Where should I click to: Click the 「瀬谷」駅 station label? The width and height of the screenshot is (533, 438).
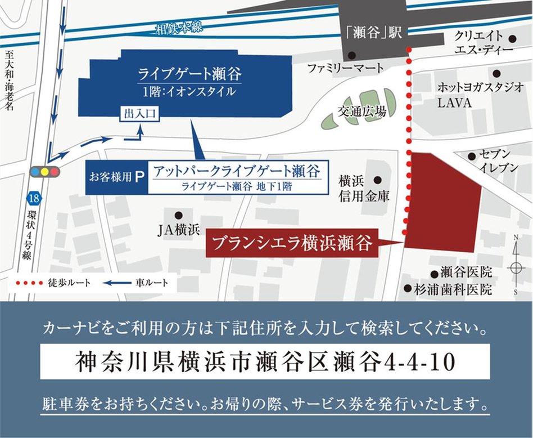point(374,33)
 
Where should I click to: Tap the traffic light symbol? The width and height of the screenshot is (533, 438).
point(44,171)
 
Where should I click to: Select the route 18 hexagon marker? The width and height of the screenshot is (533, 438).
point(34,198)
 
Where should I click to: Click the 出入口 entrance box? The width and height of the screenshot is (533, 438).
point(138,114)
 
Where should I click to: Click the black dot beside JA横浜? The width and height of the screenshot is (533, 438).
point(178,215)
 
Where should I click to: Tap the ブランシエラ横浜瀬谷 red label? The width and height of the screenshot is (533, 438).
point(292,243)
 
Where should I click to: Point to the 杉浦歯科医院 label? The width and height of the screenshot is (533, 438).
point(456,289)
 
